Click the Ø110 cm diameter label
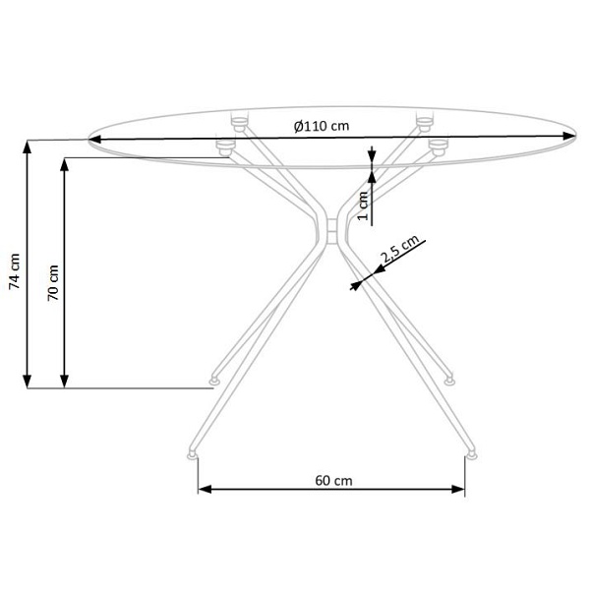tap(322, 126)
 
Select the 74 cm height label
tap(15, 271)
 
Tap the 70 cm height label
tap(53, 282)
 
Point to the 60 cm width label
tap(333, 481)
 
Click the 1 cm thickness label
tap(362, 206)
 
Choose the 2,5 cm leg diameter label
tap(399, 249)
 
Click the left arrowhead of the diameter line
tap(94, 140)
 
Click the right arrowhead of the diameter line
tap(569, 136)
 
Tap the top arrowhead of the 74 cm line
tap(27, 147)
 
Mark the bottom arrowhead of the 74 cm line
tap(28, 382)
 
